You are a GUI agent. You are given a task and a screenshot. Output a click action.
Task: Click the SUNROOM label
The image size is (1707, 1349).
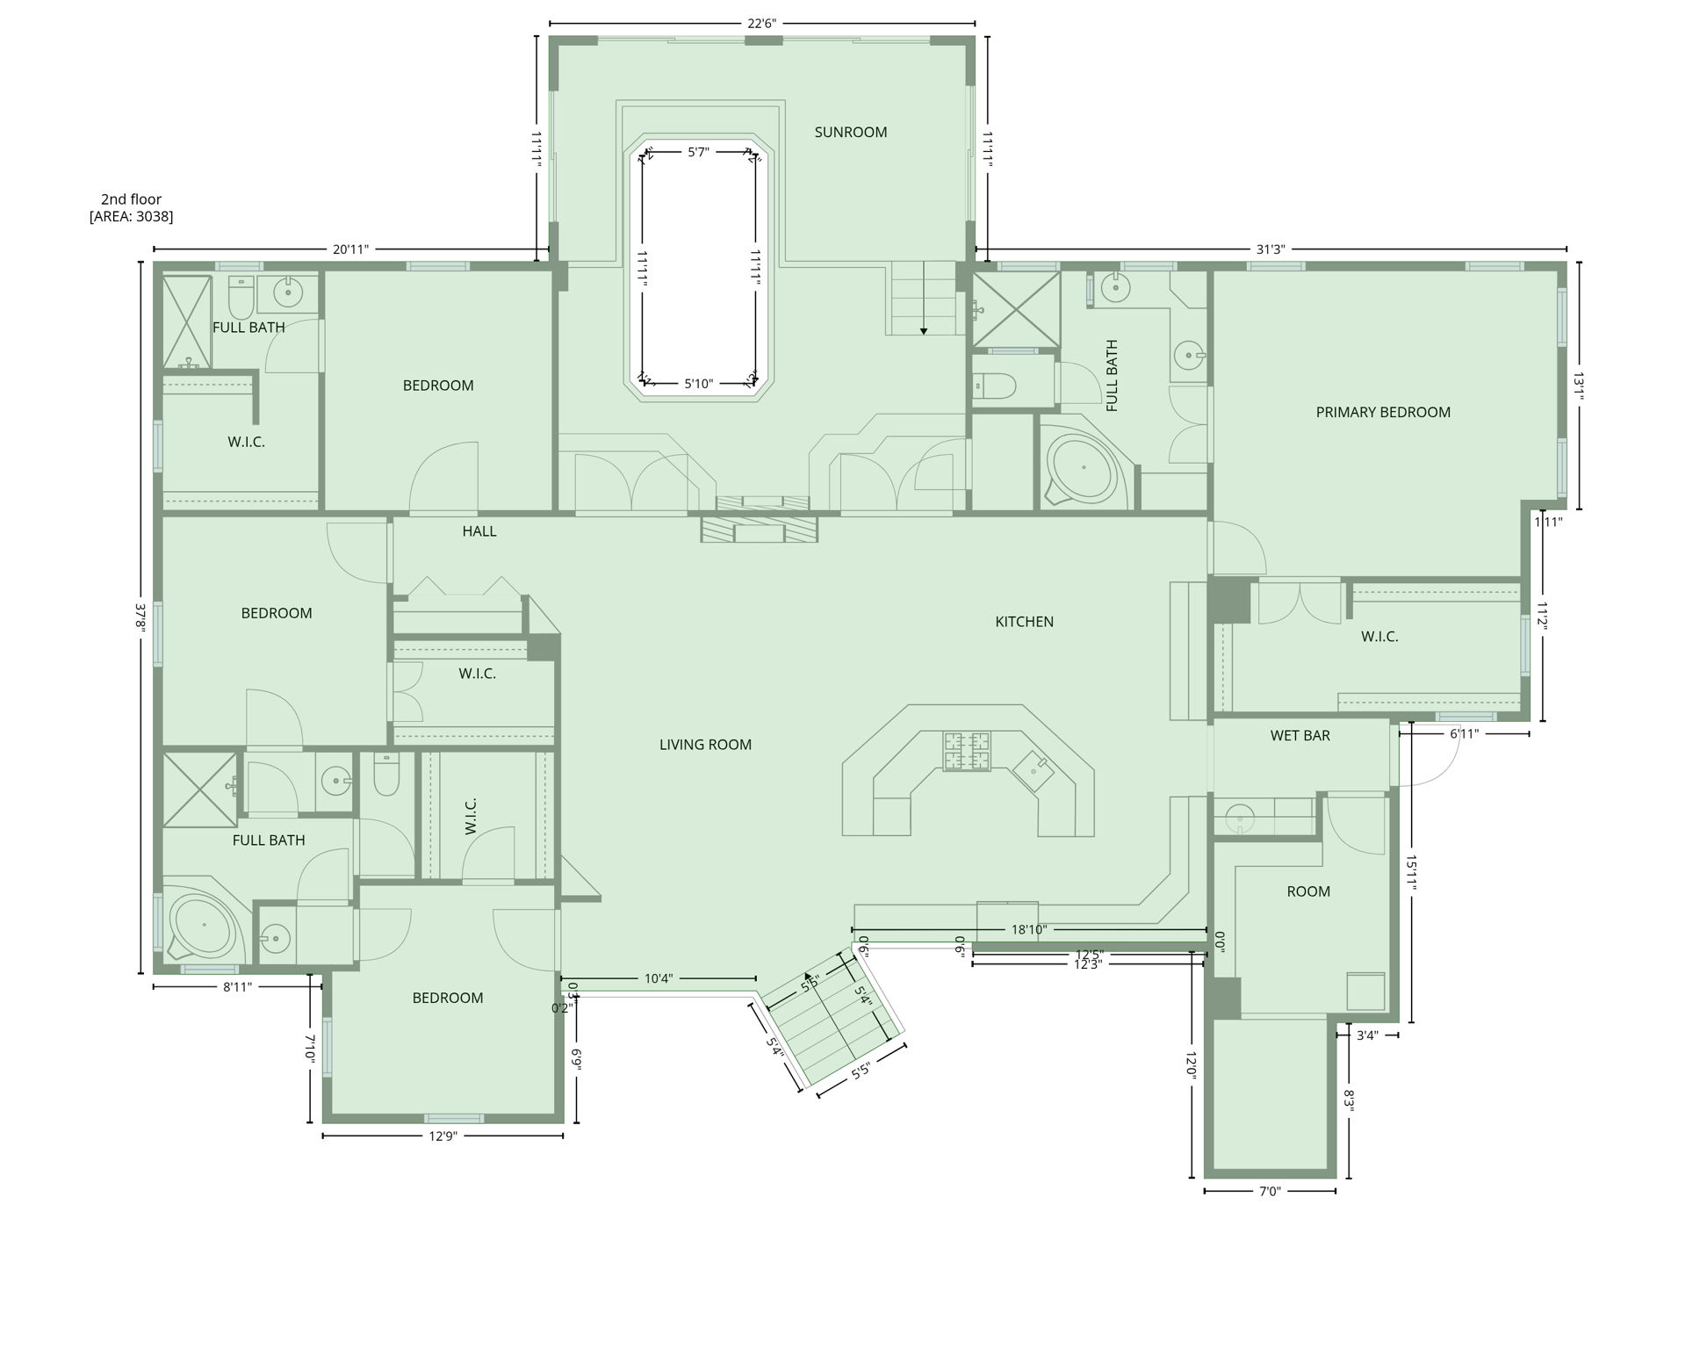[850, 133]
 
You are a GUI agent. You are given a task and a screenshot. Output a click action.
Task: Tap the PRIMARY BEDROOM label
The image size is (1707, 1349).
[1382, 412]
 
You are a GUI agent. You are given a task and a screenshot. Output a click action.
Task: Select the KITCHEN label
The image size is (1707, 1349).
[1024, 622]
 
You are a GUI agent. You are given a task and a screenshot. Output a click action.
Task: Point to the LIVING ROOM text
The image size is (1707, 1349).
[705, 745]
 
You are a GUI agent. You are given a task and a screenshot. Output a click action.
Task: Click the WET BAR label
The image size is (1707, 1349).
[1300, 736]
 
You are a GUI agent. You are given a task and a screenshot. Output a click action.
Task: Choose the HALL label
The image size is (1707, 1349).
[479, 531]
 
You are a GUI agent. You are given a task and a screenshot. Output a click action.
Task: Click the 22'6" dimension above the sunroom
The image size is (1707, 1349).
[761, 24]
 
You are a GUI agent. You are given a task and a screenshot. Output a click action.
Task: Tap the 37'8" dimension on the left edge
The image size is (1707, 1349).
[140, 617]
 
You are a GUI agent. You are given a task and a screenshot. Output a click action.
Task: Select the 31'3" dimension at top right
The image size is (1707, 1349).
[1270, 249]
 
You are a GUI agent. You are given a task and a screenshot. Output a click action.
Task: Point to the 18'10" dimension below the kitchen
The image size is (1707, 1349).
[1029, 929]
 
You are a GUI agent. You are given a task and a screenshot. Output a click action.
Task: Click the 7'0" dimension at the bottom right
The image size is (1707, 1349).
[1270, 1192]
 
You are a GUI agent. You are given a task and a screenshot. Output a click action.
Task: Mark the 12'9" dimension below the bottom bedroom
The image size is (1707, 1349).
[443, 1136]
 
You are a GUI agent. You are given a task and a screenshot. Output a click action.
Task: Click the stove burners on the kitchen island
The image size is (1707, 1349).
[967, 751]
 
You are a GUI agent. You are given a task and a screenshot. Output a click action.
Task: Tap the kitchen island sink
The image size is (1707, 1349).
[1034, 770]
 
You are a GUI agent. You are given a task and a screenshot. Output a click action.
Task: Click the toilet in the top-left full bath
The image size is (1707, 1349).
[241, 298]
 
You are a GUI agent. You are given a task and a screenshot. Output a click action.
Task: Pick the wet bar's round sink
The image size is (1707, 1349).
[1239, 819]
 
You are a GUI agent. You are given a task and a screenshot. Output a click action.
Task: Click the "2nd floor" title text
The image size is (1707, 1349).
[131, 199]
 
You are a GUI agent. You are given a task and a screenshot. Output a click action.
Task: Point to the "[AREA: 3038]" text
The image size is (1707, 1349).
[131, 217]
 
